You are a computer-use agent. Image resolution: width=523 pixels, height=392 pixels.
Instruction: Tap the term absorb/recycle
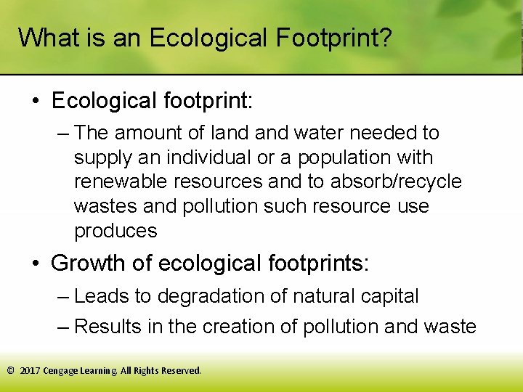tap(385, 181)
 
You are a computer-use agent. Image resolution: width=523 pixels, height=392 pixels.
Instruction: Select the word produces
tap(115, 231)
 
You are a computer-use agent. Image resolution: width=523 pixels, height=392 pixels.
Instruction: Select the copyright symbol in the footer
tap(10, 370)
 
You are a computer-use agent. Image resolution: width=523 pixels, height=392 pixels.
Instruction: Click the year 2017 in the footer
tap(30, 370)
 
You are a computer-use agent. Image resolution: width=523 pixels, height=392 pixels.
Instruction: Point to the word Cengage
tap(61, 370)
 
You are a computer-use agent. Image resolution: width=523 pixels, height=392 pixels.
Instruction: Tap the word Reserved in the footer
tap(180, 370)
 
